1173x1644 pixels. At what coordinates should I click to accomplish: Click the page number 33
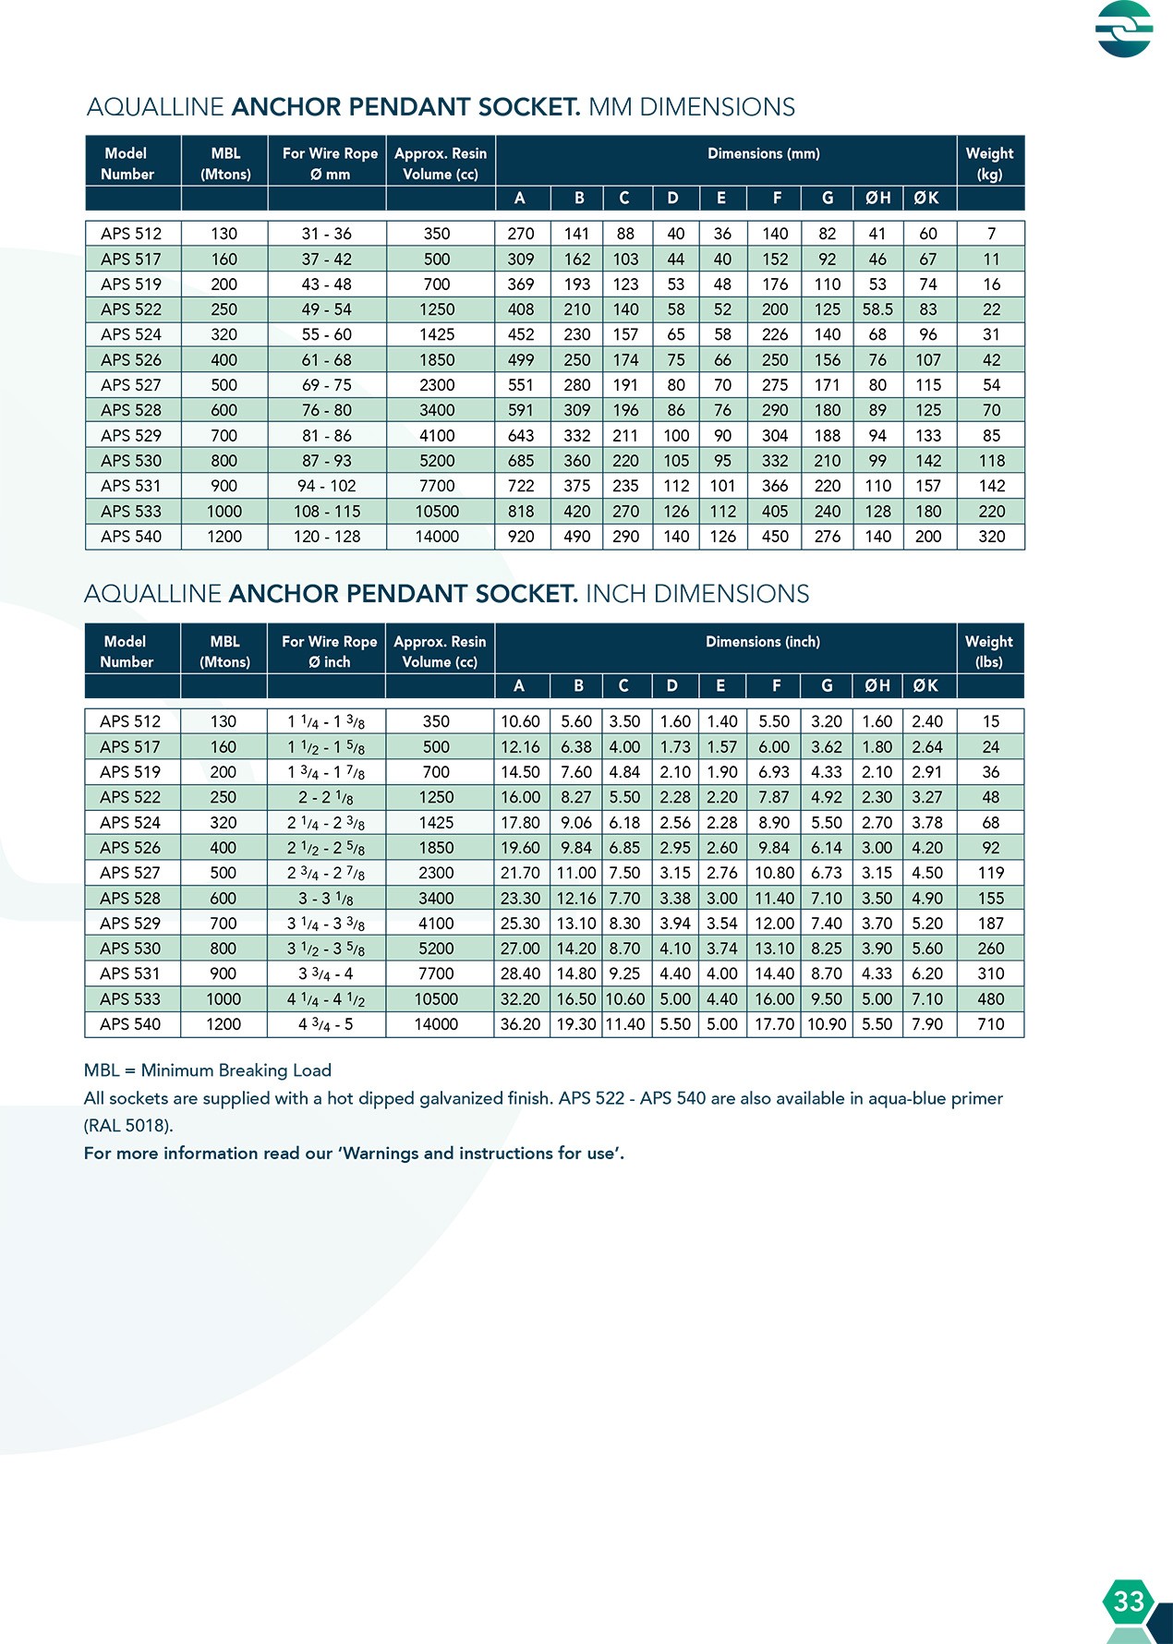(x=1128, y=1601)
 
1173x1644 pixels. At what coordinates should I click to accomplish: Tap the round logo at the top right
(x=1124, y=29)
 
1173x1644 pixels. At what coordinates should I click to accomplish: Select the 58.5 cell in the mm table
(x=877, y=309)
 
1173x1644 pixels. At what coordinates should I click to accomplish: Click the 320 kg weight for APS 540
(x=991, y=537)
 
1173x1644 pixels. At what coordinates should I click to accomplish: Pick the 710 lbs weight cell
(x=990, y=1024)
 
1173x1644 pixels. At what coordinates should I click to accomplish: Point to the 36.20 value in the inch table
(x=520, y=1024)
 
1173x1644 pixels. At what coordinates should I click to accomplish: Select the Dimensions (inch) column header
(x=762, y=642)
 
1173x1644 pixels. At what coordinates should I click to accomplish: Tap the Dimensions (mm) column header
(x=763, y=154)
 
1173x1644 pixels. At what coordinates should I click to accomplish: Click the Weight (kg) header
(x=989, y=163)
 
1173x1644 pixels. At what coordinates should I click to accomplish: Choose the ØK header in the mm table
(x=926, y=198)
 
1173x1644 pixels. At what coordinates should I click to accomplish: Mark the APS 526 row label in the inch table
(x=130, y=848)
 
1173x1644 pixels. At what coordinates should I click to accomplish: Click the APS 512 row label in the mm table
(x=131, y=234)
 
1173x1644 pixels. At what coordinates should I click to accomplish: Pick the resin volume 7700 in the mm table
(x=437, y=486)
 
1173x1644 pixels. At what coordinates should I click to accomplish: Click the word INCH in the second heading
(x=616, y=594)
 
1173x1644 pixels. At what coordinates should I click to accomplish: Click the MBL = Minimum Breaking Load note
(x=208, y=1070)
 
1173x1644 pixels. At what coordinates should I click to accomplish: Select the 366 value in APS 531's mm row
(x=775, y=486)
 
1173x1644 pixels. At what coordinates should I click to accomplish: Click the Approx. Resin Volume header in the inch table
(x=440, y=651)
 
